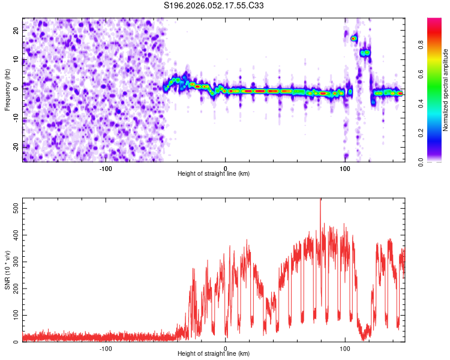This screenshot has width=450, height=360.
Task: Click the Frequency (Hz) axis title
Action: tap(7, 90)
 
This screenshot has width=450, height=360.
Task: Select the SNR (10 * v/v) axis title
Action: tap(7, 269)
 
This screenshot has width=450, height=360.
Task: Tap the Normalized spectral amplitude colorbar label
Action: tap(446, 90)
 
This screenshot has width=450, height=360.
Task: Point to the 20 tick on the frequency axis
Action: tap(16, 30)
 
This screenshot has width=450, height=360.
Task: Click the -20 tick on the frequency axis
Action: tap(14, 147)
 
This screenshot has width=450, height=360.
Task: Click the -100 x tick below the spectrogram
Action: tap(106, 168)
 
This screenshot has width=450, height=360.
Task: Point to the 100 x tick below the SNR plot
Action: tap(345, 348)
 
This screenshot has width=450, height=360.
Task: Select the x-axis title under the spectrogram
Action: tap(214, 174)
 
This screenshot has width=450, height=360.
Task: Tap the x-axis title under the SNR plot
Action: tap(214, 354)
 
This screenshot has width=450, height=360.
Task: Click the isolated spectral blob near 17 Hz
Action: tap(354, 38)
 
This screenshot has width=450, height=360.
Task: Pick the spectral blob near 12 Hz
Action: tap(365, 53)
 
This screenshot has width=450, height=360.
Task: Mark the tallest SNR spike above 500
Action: tap(320, 201)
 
